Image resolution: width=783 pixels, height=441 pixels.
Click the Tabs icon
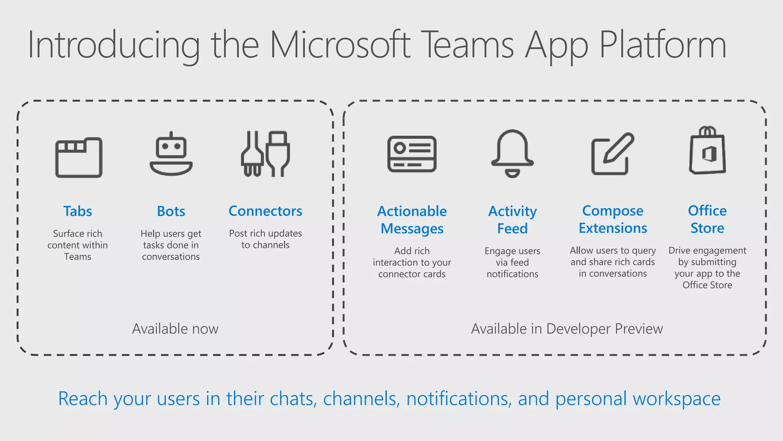point(79,157)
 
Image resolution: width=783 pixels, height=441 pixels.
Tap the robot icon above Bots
point(171,154)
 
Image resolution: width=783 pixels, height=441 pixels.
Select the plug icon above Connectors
point(265,154)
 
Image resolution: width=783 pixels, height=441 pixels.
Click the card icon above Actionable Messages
point(412,154)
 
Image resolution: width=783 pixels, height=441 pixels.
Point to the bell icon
point(512,153)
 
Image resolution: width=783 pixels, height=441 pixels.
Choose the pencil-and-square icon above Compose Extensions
point(612,154)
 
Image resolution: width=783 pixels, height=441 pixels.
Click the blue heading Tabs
point(78,211)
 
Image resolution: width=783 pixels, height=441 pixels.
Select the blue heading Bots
point(171,211)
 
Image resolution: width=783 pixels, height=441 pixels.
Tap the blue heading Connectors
point(265,211)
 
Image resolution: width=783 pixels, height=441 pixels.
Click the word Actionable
point(412,211)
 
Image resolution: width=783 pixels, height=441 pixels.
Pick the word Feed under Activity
point(512,229)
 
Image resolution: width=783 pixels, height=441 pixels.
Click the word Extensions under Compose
point(612,228)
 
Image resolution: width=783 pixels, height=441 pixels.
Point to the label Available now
point(175,329)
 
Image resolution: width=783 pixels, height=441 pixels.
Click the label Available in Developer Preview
point(567,329)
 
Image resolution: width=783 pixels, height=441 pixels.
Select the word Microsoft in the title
point(340,45)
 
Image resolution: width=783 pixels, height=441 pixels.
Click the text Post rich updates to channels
point(265,239)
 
